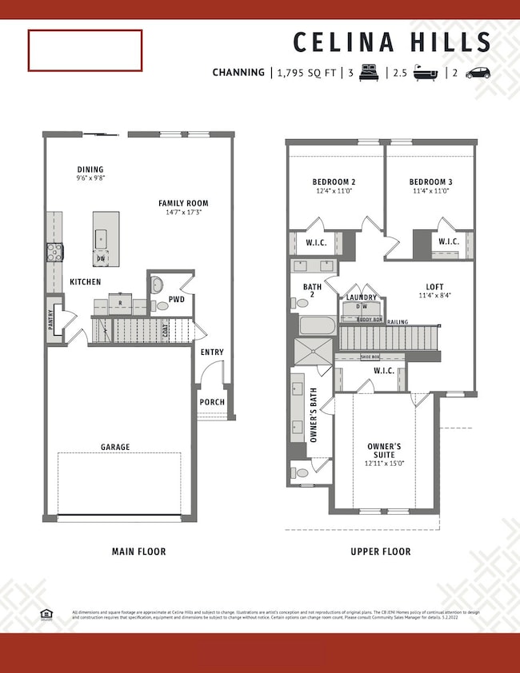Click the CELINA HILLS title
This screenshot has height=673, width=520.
(x=391, y=42)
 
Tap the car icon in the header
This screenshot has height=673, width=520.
(x=477, y=72)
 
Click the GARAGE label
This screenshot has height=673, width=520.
(x=115, y=447)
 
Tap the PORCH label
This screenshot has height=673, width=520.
(x=213, y=402)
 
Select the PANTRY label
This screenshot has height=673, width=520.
(x=54, y=319)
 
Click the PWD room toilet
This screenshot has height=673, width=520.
(x=158, y=285)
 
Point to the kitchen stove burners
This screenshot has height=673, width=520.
(x=55, y=253)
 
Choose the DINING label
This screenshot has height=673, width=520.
(x=90, y=169)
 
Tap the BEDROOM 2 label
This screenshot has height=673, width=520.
(x=334, y=181)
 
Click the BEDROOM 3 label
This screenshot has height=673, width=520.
(x=430, y=181)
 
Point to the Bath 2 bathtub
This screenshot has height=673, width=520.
(x=318, y=326)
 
